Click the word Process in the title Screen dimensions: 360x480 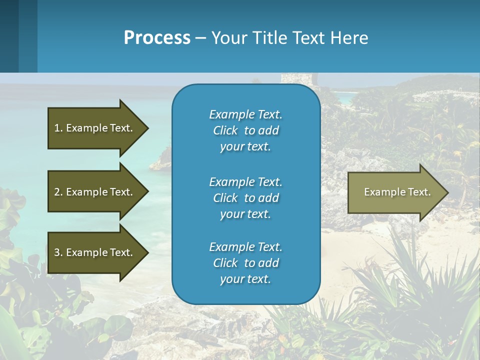click(157, 38)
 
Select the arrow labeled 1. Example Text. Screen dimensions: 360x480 click(95, 128)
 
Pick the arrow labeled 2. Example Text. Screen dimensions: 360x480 click(95, 192)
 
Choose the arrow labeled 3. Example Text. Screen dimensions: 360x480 click(95, 252)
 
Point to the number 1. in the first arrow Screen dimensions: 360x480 click(58, 128)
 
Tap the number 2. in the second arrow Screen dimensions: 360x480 click(58, 192)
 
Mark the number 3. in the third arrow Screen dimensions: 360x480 click(58, 252)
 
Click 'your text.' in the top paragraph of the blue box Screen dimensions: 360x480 click(245, 147)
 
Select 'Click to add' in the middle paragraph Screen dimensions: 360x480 click(245, 198)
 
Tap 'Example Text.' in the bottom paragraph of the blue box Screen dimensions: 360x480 click(245, 247)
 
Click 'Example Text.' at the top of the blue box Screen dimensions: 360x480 click(245, 114)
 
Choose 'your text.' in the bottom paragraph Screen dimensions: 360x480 click(245, 279)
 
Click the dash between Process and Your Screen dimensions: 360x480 click(200, 38)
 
